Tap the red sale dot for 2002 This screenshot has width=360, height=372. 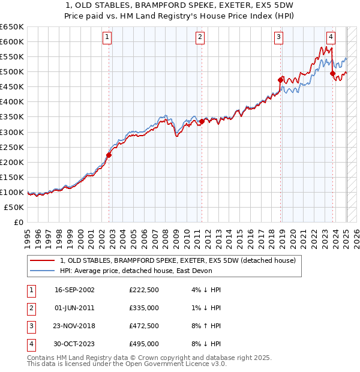(109, 155)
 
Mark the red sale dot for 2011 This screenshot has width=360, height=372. (202, 121)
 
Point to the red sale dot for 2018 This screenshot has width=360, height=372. (280, 79)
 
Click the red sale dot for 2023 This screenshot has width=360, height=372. (332, 73)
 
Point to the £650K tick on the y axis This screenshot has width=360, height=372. (12, 27)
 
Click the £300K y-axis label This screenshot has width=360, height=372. (12, 132)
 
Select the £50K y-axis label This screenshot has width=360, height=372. (14, 207)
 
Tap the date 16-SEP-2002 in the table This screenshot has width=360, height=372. (74, 290)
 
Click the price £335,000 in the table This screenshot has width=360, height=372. (144, 308)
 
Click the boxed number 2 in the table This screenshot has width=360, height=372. (30, 308)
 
